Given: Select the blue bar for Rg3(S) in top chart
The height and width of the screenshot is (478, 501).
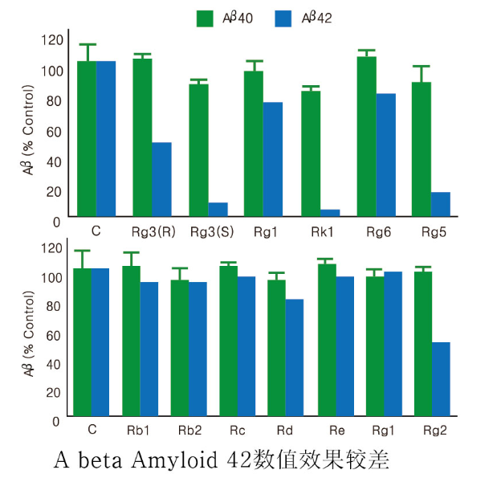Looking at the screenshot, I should (x=218, y=209).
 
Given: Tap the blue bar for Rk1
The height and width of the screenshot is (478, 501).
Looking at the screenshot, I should (x=330, y=212).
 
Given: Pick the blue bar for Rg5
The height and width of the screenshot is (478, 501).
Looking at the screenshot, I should (x=440, y=203).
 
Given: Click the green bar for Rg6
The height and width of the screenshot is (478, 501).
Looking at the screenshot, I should (x=366, y=136).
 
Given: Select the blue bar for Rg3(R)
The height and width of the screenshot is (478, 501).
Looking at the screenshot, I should (x=162, y=178).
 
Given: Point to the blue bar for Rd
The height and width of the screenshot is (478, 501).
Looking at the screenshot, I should (x=295, y=357).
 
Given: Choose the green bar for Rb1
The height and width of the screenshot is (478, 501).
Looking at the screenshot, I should (x=131, y=341).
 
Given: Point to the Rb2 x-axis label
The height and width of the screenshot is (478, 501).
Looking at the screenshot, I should (x=189, y=431).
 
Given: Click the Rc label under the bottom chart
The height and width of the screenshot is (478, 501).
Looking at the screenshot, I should (x=238, y=431).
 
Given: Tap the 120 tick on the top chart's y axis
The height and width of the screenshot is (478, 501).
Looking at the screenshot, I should (x=51, y=40).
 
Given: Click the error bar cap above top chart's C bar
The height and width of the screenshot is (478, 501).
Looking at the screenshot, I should (x=87, y=45).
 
